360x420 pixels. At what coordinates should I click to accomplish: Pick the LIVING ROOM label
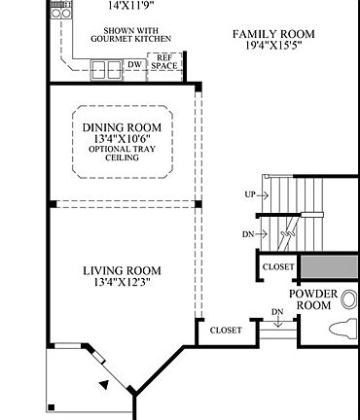click(122, 270)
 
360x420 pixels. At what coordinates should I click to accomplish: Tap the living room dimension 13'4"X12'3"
click(122, 283)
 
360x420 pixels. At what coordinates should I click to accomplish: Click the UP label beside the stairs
click(250, 194)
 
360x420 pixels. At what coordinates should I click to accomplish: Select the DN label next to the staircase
click(250, 233)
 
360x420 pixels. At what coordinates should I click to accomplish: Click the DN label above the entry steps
click(276, 312)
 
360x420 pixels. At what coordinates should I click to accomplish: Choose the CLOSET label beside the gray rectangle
click(278, 266)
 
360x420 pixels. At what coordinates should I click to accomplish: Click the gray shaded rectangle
click(329, 266)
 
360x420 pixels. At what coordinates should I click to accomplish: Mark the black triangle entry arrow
click(103, 386)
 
